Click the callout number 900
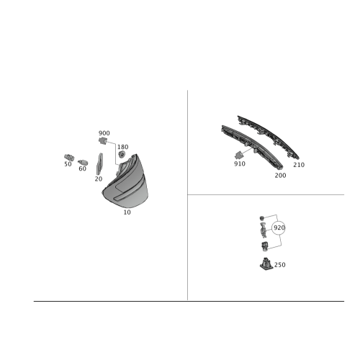point(104,133)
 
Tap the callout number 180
point(123,147)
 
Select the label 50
point(68,164)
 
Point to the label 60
point(82,168)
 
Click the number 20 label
point(99,179)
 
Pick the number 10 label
point(127,212)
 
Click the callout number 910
point(240,164)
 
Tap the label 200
point(280,176)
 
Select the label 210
point(299,165)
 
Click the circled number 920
point(279,228)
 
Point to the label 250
point(280,265)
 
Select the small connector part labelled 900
point(103,141)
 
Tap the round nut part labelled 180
point(122,154)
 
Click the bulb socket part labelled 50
point(69,158)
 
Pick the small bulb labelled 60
point(83,163)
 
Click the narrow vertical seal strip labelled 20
point(99,164)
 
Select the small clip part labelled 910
point(238,156)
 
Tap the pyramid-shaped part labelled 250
point(266,264)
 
